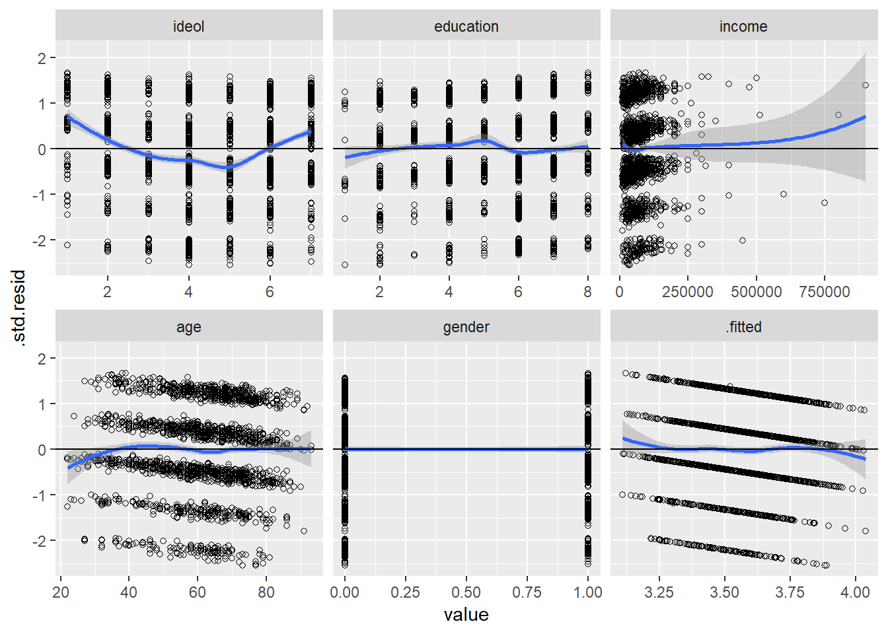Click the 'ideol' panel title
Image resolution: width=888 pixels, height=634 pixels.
188,26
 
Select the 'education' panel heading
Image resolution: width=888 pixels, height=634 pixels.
466,26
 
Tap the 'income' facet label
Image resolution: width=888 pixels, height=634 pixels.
743,26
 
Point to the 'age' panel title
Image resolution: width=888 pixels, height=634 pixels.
188,327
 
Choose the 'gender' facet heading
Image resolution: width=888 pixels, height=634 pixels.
466,327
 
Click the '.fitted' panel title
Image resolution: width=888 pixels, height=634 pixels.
743,327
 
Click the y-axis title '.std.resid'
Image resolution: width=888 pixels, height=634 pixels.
18,308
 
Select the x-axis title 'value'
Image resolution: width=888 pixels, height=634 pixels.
466,615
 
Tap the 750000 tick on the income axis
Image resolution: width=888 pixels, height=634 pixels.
825,292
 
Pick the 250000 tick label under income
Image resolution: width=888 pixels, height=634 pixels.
687,292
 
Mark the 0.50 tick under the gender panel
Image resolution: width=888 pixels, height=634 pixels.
466,592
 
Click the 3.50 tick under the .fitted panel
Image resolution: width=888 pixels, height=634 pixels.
724,592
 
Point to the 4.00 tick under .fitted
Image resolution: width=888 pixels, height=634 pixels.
855,592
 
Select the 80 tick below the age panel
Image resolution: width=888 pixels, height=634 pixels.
266,592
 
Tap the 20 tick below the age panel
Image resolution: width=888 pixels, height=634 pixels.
61,592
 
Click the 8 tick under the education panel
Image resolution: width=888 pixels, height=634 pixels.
587,292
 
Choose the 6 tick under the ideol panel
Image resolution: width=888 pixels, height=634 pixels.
270,292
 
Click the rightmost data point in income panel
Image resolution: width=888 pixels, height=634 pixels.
866,85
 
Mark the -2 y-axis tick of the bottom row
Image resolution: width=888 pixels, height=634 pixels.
41,541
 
